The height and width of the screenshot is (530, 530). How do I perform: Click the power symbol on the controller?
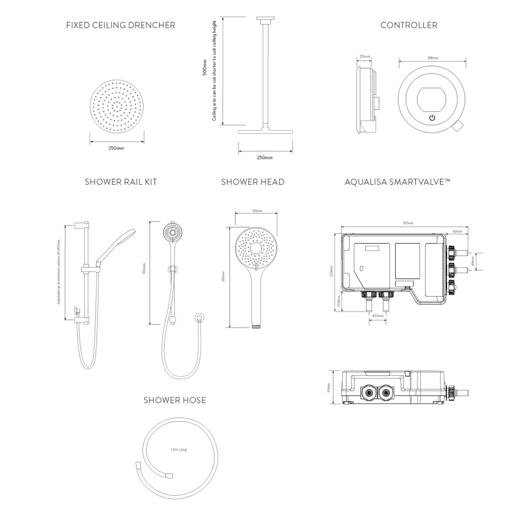click(432, 118)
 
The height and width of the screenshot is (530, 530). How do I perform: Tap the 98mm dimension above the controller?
click(433, 58)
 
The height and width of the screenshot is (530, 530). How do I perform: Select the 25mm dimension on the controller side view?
click(364, 57)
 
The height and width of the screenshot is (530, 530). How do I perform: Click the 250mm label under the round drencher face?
click(117, 148)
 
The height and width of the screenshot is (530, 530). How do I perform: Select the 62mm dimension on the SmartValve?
click(457, 231)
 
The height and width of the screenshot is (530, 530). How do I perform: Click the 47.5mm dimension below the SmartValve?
click(378, 316)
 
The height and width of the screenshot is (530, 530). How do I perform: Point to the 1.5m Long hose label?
click(178, 450)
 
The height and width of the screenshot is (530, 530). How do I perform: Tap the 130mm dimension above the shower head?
click(257, 210)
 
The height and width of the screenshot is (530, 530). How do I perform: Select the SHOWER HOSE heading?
click(175, 400)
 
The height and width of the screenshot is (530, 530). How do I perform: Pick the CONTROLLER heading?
click(409, 25)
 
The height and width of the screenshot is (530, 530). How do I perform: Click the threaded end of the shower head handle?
click(256, 324)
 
